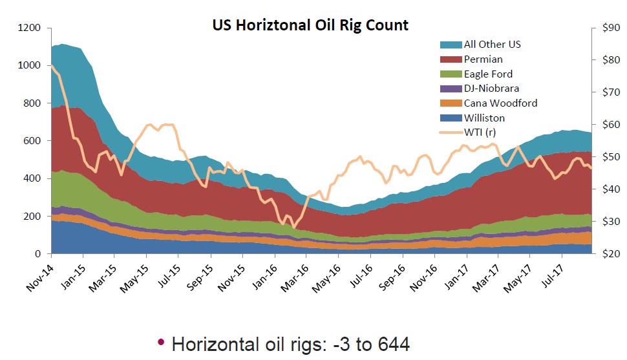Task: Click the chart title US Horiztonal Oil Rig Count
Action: (310, 25)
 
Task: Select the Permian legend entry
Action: (483, 59)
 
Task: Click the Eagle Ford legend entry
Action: (488, 74)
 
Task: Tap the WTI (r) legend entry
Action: (480, 132)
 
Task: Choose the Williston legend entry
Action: (484, 118)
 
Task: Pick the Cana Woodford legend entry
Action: (500, 103)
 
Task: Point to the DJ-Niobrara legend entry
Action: (491, 89)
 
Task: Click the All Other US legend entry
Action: (492, 45)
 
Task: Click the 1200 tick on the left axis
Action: (31, 28)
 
